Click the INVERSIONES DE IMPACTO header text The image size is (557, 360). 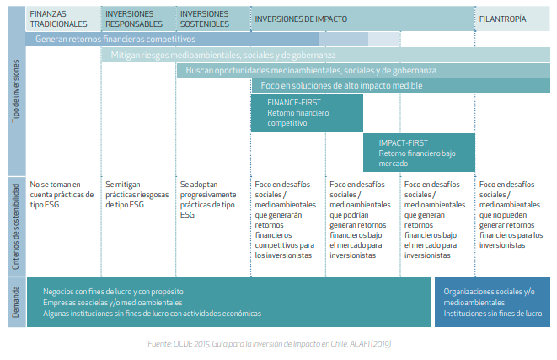(301, 19)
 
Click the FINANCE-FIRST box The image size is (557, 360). (307, 113)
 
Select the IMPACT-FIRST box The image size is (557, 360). (419, 153)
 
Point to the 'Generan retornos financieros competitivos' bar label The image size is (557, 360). (115, 39)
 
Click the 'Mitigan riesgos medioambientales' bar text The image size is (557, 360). (223, 55)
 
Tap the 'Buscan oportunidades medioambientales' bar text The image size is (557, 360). (311, 70)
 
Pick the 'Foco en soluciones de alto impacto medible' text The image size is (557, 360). (342, 86)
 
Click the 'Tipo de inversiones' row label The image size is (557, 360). (16, 91)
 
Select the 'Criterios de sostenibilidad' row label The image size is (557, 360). (16, 227)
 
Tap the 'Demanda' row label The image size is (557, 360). (16, 302)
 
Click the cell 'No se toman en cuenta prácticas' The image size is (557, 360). (62, 195)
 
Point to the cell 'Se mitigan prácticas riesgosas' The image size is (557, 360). (137, 195)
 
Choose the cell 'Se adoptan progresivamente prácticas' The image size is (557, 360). (208, 200)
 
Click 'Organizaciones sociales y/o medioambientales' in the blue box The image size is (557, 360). (489, 297)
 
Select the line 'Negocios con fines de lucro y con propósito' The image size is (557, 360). (113, 292)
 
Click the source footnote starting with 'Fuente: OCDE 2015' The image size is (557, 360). (270, 344)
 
